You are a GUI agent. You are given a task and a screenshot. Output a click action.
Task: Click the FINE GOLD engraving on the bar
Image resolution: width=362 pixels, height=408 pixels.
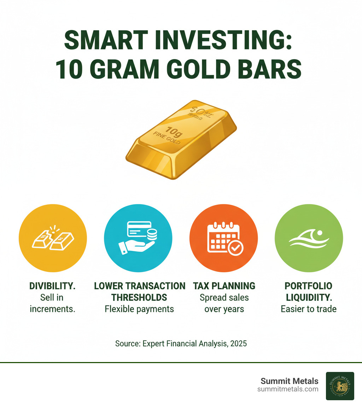(x=167, y=138)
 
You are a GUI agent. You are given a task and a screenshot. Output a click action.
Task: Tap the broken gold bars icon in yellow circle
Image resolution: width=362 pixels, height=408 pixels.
(x=53, y=238)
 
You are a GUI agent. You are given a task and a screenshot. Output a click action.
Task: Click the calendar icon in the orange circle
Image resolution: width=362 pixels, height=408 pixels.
(x=224, y=238)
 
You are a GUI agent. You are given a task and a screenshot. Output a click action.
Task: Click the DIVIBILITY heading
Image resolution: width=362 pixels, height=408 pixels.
(x=53, y=286)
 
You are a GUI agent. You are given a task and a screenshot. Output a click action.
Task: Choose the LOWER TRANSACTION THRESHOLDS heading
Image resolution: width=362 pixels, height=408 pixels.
(x=139, y=291)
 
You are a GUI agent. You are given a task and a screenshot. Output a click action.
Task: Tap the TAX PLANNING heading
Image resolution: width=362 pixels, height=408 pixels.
(x=224, y=286)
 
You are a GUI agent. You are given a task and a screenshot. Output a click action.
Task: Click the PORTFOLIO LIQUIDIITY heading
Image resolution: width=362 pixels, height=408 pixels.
(x=309, y=291)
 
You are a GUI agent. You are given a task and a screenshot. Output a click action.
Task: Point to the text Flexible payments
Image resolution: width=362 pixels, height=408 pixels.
(x=139, y=309)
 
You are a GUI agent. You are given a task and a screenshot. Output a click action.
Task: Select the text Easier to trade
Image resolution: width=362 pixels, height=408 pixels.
(x=309, y=309)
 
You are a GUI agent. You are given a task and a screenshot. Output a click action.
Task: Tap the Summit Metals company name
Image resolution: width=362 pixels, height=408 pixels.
(x=289, y=381)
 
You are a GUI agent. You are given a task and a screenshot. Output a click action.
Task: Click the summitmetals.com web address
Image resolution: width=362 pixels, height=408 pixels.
(x=287, y=389)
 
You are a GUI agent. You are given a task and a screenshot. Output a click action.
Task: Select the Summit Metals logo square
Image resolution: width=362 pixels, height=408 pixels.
(x=339, y=386)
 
